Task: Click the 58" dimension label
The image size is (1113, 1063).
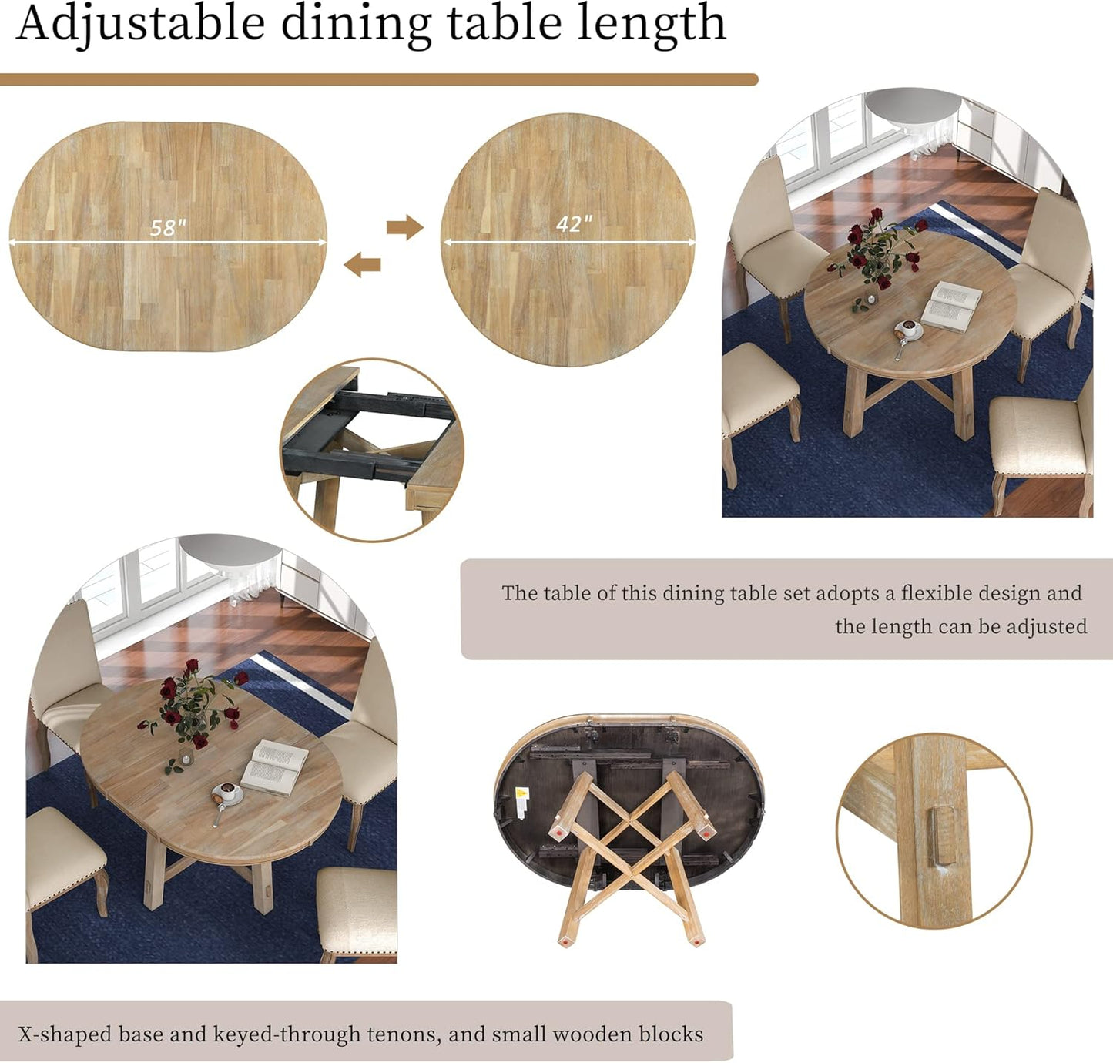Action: [168, 227]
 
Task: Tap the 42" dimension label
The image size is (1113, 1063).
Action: [575, 223]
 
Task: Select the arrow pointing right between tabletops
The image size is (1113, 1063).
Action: [404, 227]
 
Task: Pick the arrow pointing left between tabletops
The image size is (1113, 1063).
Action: [363, 265]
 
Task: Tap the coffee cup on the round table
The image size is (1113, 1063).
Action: [909, 330]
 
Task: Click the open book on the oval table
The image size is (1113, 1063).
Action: [274, 766]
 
